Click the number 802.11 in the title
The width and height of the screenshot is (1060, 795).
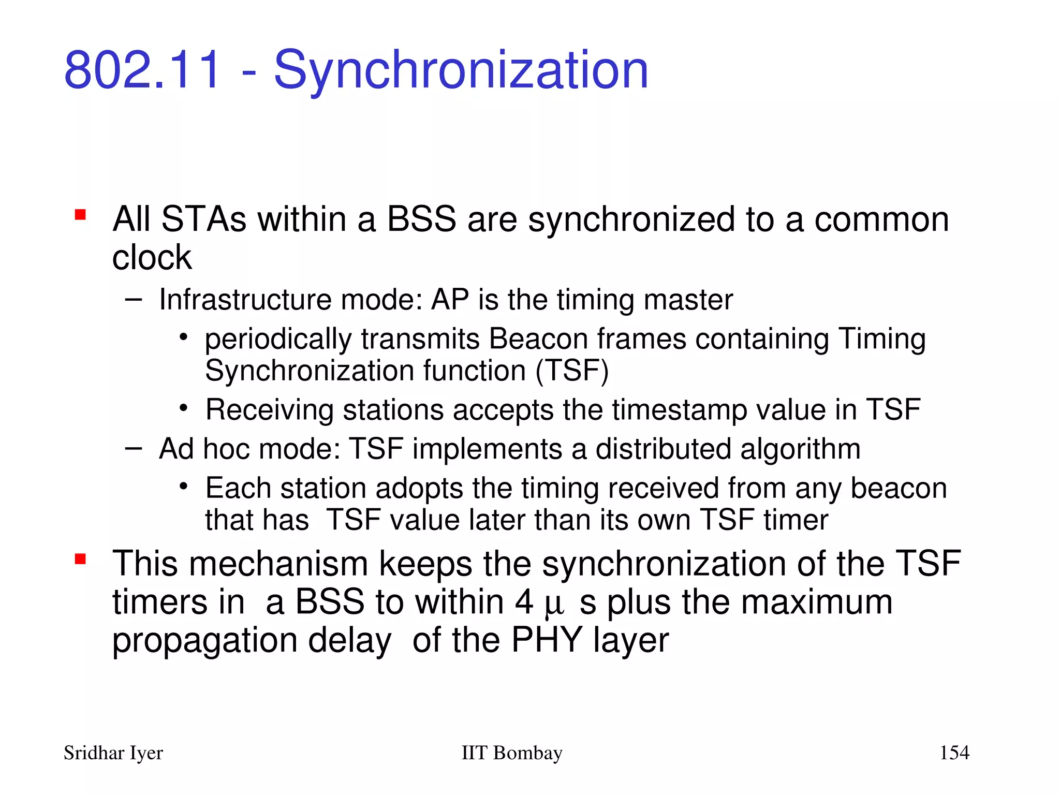click(142, 70)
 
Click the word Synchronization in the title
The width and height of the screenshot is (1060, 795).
click(461, 70)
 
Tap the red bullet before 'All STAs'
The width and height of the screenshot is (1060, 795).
click(80, 214)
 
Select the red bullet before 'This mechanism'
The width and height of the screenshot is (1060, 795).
click(80, 559)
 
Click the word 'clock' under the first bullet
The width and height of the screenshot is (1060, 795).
click(152, 257)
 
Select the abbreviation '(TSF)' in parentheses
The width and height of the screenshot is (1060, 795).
click(572, 371)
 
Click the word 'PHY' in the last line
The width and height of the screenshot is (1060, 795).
click(547, 641)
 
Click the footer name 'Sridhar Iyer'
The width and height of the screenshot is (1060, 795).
click(113, 753)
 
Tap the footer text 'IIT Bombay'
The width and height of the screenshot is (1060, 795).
click(511, 753)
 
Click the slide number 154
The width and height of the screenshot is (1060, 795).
click(954, 753)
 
